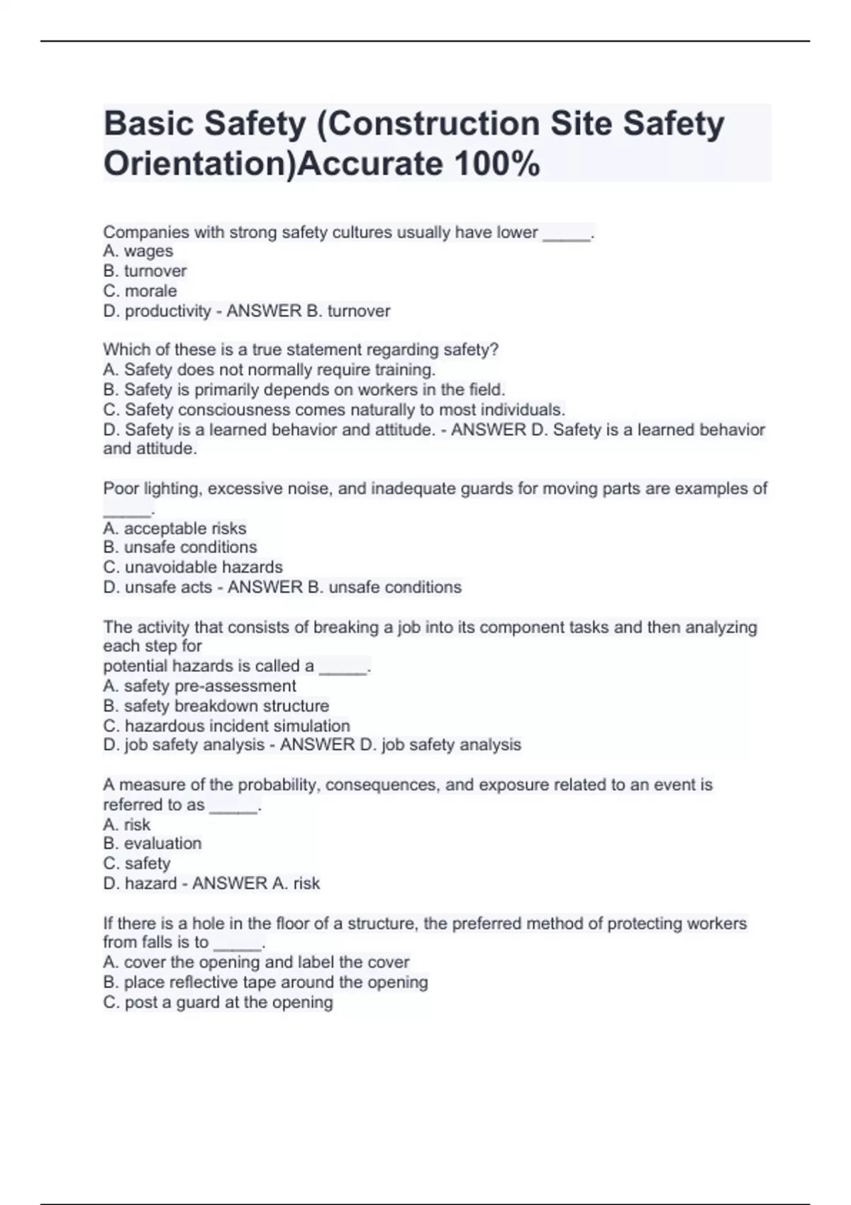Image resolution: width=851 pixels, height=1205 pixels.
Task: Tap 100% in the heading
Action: (496, 164)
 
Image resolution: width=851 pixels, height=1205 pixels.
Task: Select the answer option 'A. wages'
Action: (138, 251)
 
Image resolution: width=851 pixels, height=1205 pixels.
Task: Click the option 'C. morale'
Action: (140, 291)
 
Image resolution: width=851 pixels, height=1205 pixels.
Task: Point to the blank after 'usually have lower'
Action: (566, 234)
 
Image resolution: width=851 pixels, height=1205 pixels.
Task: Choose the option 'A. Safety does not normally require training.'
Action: (269, 369)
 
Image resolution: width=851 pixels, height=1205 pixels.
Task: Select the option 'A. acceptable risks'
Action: (174, 528)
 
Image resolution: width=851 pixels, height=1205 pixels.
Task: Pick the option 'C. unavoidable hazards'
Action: (192, 567)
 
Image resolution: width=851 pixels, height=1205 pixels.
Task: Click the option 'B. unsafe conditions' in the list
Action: (179, 547)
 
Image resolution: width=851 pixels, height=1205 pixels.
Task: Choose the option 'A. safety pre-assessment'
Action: (199, 685)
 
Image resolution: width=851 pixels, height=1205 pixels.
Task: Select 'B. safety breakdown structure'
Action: (216, 705)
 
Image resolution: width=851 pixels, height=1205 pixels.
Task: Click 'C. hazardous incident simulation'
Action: (226, 726)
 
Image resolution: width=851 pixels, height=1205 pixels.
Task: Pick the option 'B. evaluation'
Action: (152, 843)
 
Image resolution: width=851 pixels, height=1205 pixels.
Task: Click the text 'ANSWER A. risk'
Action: (256, 883)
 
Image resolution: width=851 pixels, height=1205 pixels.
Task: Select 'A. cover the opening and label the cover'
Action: (256, 962)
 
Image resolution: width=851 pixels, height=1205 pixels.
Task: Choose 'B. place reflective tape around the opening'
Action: (265, 982)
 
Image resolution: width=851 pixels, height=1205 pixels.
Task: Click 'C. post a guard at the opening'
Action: (218, 1002)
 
